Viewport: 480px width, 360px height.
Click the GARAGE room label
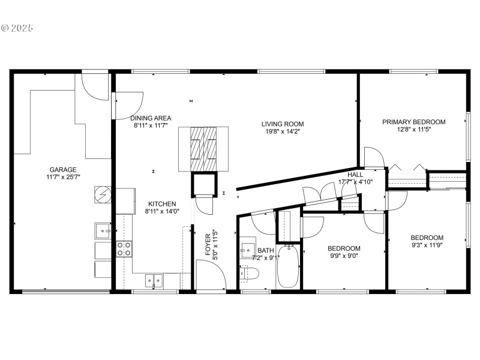[63, 170]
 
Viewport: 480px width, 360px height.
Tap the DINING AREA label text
[152, 118]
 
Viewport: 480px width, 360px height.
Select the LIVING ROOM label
[280, 124]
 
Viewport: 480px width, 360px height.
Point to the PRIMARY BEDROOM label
[414, 122]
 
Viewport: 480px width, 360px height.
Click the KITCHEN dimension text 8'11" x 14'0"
[162, 211]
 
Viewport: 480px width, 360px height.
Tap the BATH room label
[265, 250]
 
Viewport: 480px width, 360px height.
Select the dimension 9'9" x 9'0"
[344, 256]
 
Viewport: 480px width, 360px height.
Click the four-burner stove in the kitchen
[124, 248]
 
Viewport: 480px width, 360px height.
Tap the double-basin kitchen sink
[153, 280]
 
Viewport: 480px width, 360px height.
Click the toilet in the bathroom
[249, 273]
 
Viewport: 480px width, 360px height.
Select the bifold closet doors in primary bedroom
[407, 166]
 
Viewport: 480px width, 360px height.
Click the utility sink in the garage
[103, 230]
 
